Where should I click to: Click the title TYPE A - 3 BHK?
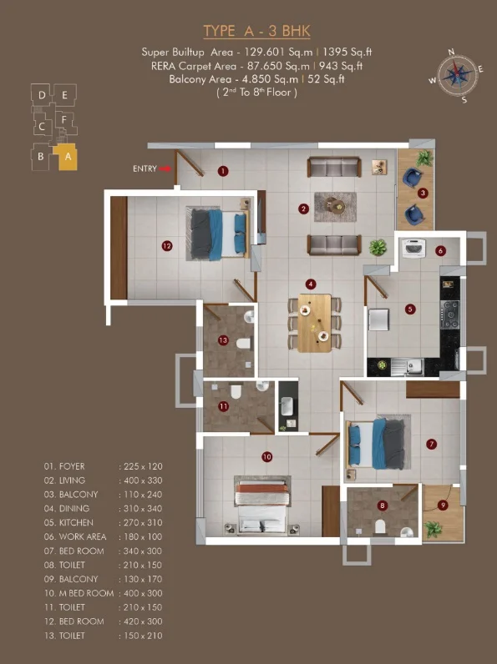256,31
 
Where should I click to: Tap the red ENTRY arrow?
165,169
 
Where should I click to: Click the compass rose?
456,76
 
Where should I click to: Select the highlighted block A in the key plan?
66,157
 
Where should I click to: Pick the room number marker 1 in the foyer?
223,171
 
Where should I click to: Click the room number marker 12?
167,245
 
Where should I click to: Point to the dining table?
314,323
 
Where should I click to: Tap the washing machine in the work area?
413,248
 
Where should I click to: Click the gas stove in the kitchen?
449,314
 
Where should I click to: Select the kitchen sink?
408,367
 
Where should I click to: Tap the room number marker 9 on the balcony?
443,506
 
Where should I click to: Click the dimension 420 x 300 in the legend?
143,621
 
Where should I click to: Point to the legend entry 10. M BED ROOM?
79,593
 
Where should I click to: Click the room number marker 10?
266,457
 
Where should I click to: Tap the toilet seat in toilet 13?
243,344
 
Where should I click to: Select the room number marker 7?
431,445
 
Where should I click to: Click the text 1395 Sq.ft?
347,52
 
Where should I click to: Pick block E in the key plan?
64,95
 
